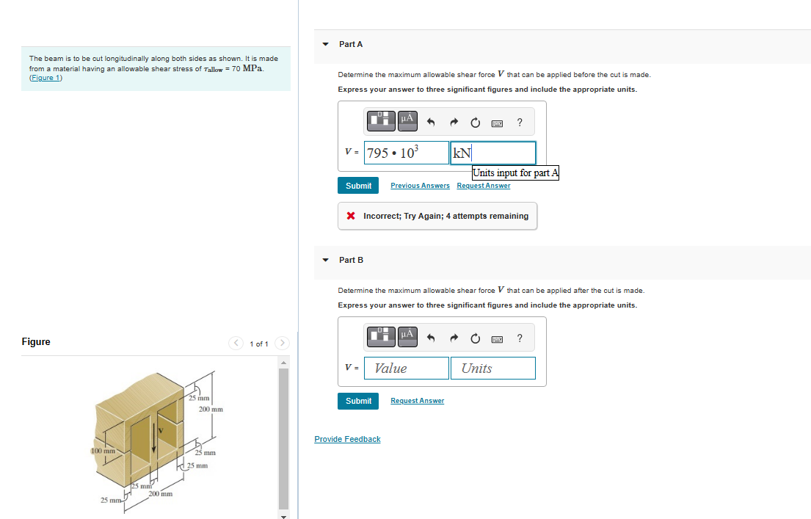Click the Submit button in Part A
click(x=358, y=186)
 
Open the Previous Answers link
click(x=420, y=186)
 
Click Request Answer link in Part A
click(x=483, y=186)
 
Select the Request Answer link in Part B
click(x=417, y=401)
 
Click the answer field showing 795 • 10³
click(x=406, y=153)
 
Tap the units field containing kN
click(x=492, y=153)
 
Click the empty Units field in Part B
click(x=492, y=369)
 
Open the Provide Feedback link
click(x=347, y=439)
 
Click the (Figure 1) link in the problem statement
click(x=46, y=78)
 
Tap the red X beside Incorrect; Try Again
click(x=352, y=216)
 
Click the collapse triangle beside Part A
click(x=326, y=44)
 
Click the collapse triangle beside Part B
click(x=326, y=260)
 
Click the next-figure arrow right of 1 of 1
click(x=283, y=343)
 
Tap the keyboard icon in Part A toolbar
click(x=497, y=123)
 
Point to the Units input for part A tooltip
click(x=515, y=173)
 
